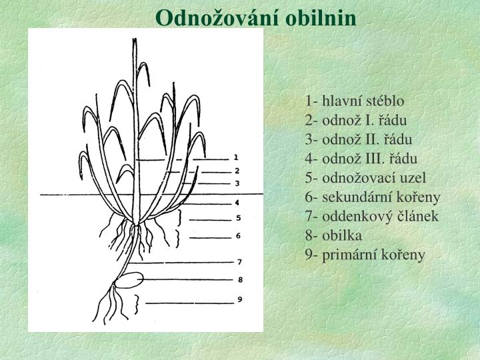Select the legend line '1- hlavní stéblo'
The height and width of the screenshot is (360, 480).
coord(355,101)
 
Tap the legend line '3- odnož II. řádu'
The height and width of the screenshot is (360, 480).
coord(359,140)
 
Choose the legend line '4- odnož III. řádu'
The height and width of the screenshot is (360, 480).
coord(362,159)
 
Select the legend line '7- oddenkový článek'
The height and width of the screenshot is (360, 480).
coord(372,217)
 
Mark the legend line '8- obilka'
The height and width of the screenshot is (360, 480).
coord(334,235)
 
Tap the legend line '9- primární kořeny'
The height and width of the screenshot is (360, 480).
coord(365,255)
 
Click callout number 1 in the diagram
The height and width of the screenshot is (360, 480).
coord(236,158)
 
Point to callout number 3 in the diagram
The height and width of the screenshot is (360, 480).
coord(237,183)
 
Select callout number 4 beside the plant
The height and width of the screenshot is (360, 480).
coord(237,202)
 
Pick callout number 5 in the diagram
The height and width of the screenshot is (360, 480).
coord(237,218)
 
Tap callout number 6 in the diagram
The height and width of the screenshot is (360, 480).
coord(238,236)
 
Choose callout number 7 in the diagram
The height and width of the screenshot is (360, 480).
coord(239,262)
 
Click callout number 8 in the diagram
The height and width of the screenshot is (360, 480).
coord(240,279)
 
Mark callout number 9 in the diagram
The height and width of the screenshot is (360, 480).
coord(240,300)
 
